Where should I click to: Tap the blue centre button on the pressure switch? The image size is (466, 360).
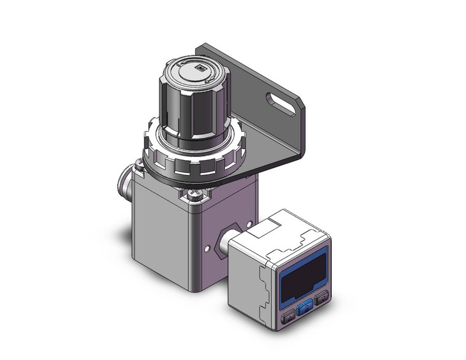click(x=304, y=311)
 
